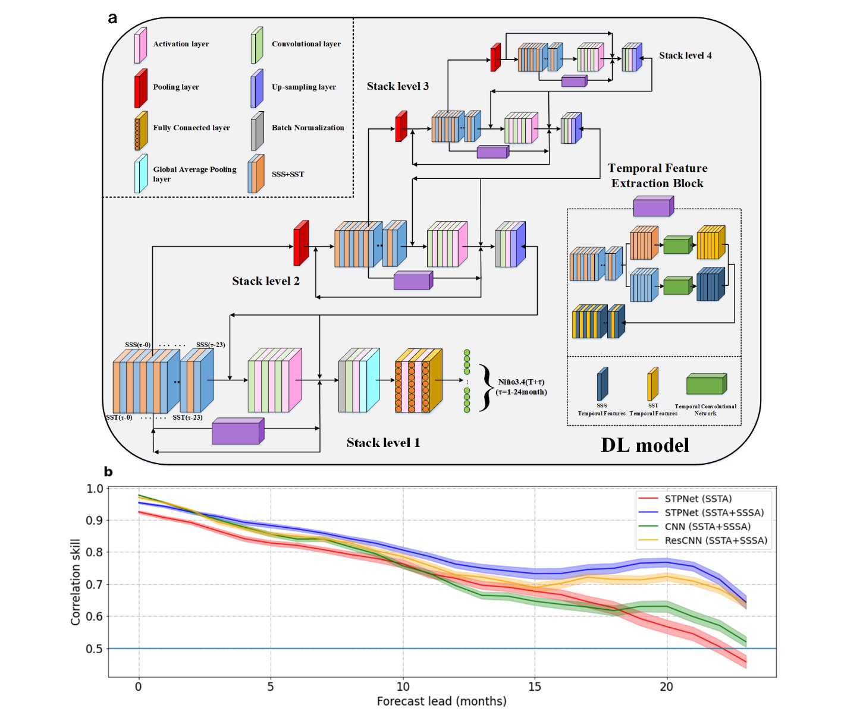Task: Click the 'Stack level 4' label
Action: click(685, 55)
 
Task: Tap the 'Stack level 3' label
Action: click(397, 86)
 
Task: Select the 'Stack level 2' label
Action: click(265, 281)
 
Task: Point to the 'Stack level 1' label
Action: click(383, 443)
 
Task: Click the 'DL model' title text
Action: click(645, 445)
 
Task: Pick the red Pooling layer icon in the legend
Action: click(140, 88)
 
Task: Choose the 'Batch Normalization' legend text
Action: click(307, 128)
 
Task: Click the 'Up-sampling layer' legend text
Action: click(303, 87)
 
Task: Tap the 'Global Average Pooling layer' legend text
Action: click(194, 174)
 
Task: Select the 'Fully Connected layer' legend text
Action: click(191, 128)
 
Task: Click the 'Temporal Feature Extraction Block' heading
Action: click(657, 176)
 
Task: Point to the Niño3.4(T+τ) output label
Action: click(521, 387)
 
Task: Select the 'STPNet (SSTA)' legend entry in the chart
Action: click(698, 499)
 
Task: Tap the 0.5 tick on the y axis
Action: click(95, 648)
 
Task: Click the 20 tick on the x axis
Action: click(666, 687)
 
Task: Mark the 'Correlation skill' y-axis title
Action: click(76, 582)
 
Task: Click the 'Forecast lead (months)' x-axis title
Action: click(441, 701)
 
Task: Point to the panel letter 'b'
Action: click(108, 472)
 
